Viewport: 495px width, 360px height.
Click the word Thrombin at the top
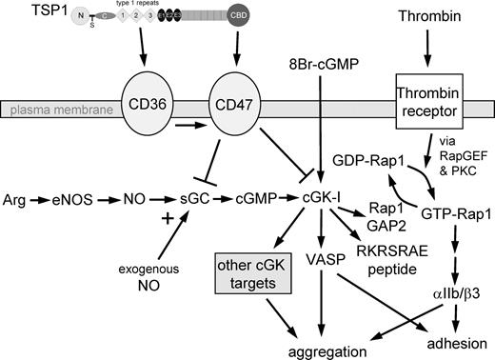(426, 16)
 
